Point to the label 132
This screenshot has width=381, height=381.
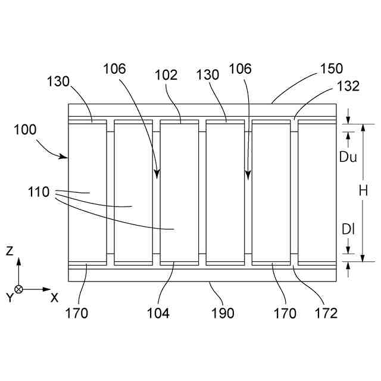348,86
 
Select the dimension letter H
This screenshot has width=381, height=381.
363,191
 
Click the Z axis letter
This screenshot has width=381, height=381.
10,251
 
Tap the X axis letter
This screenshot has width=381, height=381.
54,298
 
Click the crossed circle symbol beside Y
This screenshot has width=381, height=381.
19,289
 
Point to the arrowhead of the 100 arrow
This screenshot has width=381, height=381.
66,157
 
